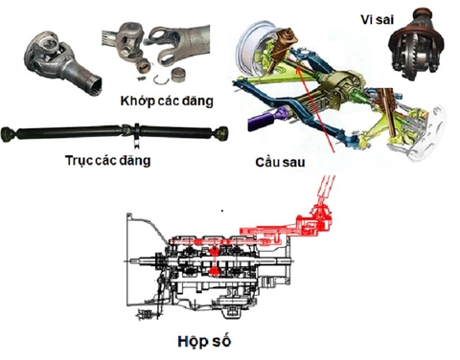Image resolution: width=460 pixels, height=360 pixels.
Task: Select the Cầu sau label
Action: coord(281,163)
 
